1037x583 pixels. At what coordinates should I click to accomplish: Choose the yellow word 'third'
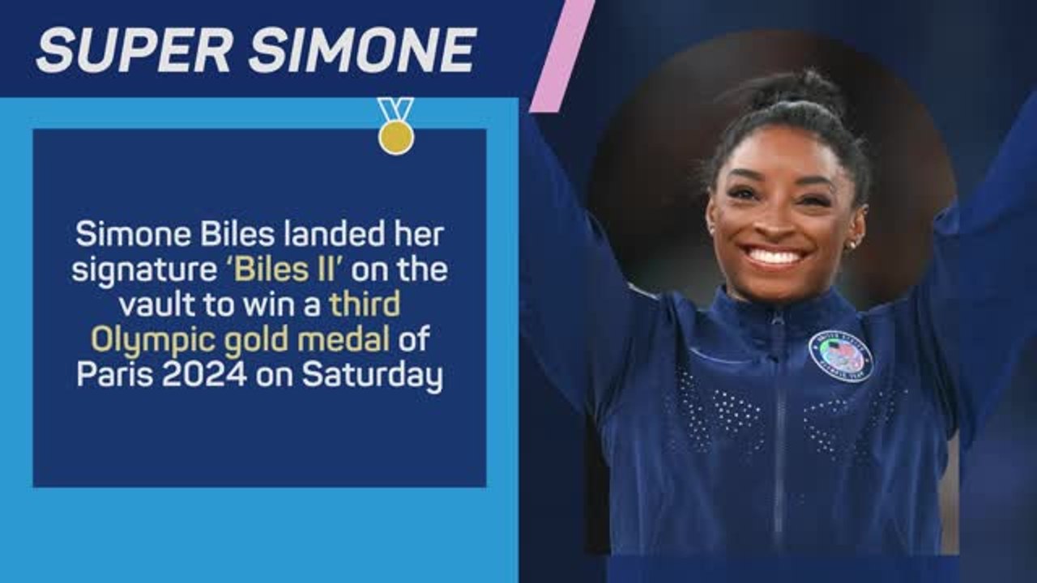(365, 305)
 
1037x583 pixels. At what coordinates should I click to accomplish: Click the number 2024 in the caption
(207, 377)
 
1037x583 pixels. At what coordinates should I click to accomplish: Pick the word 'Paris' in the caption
(114, 377)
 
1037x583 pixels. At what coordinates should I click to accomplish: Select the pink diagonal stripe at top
(561, 55)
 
